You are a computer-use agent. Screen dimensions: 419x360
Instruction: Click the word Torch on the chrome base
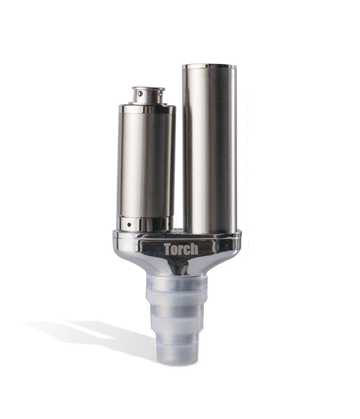(181, 249)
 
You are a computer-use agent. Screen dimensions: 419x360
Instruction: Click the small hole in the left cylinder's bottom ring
(129, 225)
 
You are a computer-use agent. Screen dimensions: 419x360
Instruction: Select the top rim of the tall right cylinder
(209, 67)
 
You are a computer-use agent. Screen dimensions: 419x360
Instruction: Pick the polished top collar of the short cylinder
(147, 109)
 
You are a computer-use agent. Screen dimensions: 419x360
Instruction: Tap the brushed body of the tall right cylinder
(209, 150)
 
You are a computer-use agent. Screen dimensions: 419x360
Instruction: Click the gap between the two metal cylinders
(179, 169)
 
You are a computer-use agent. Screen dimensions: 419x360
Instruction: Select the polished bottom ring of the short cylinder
(145, 223)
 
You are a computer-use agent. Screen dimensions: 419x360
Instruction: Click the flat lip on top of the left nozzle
(148, 89)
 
